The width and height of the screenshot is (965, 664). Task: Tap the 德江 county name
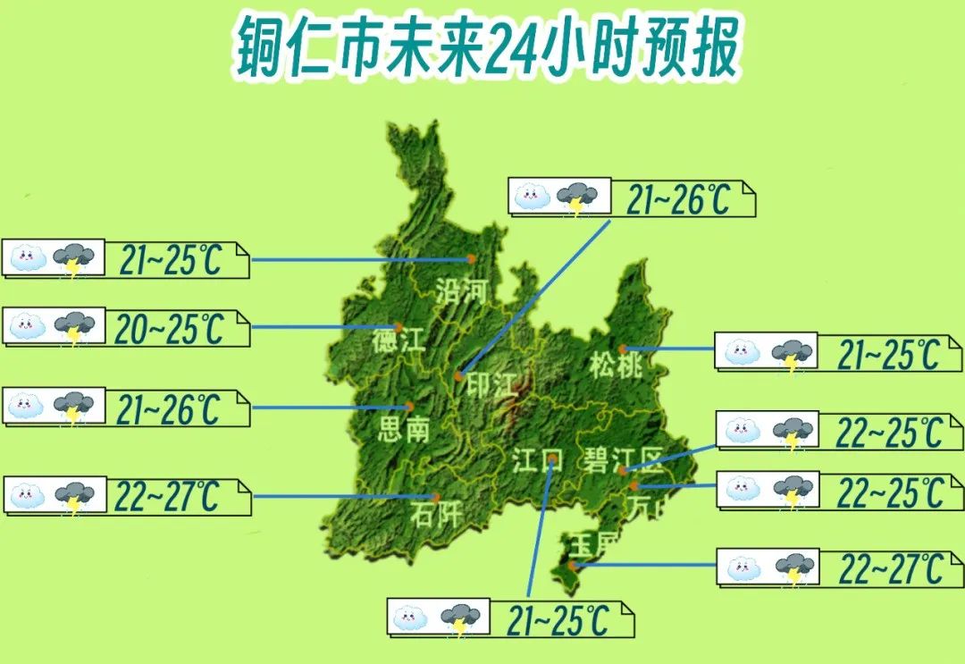point(399,341)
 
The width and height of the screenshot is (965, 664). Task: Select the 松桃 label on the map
point(616,366)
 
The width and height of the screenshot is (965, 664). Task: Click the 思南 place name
point(405,430)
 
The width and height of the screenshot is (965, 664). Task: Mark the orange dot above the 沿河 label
point(471,259)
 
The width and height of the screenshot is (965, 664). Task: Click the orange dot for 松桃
point(623,349)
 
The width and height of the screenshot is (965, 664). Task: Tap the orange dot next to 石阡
point(436,497)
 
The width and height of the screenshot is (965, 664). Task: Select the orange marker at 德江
point(399,327)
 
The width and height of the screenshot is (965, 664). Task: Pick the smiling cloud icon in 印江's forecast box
point(533,197)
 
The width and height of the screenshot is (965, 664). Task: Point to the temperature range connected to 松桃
point(888,356)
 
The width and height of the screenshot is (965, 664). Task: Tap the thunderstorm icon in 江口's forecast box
point(462,618)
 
